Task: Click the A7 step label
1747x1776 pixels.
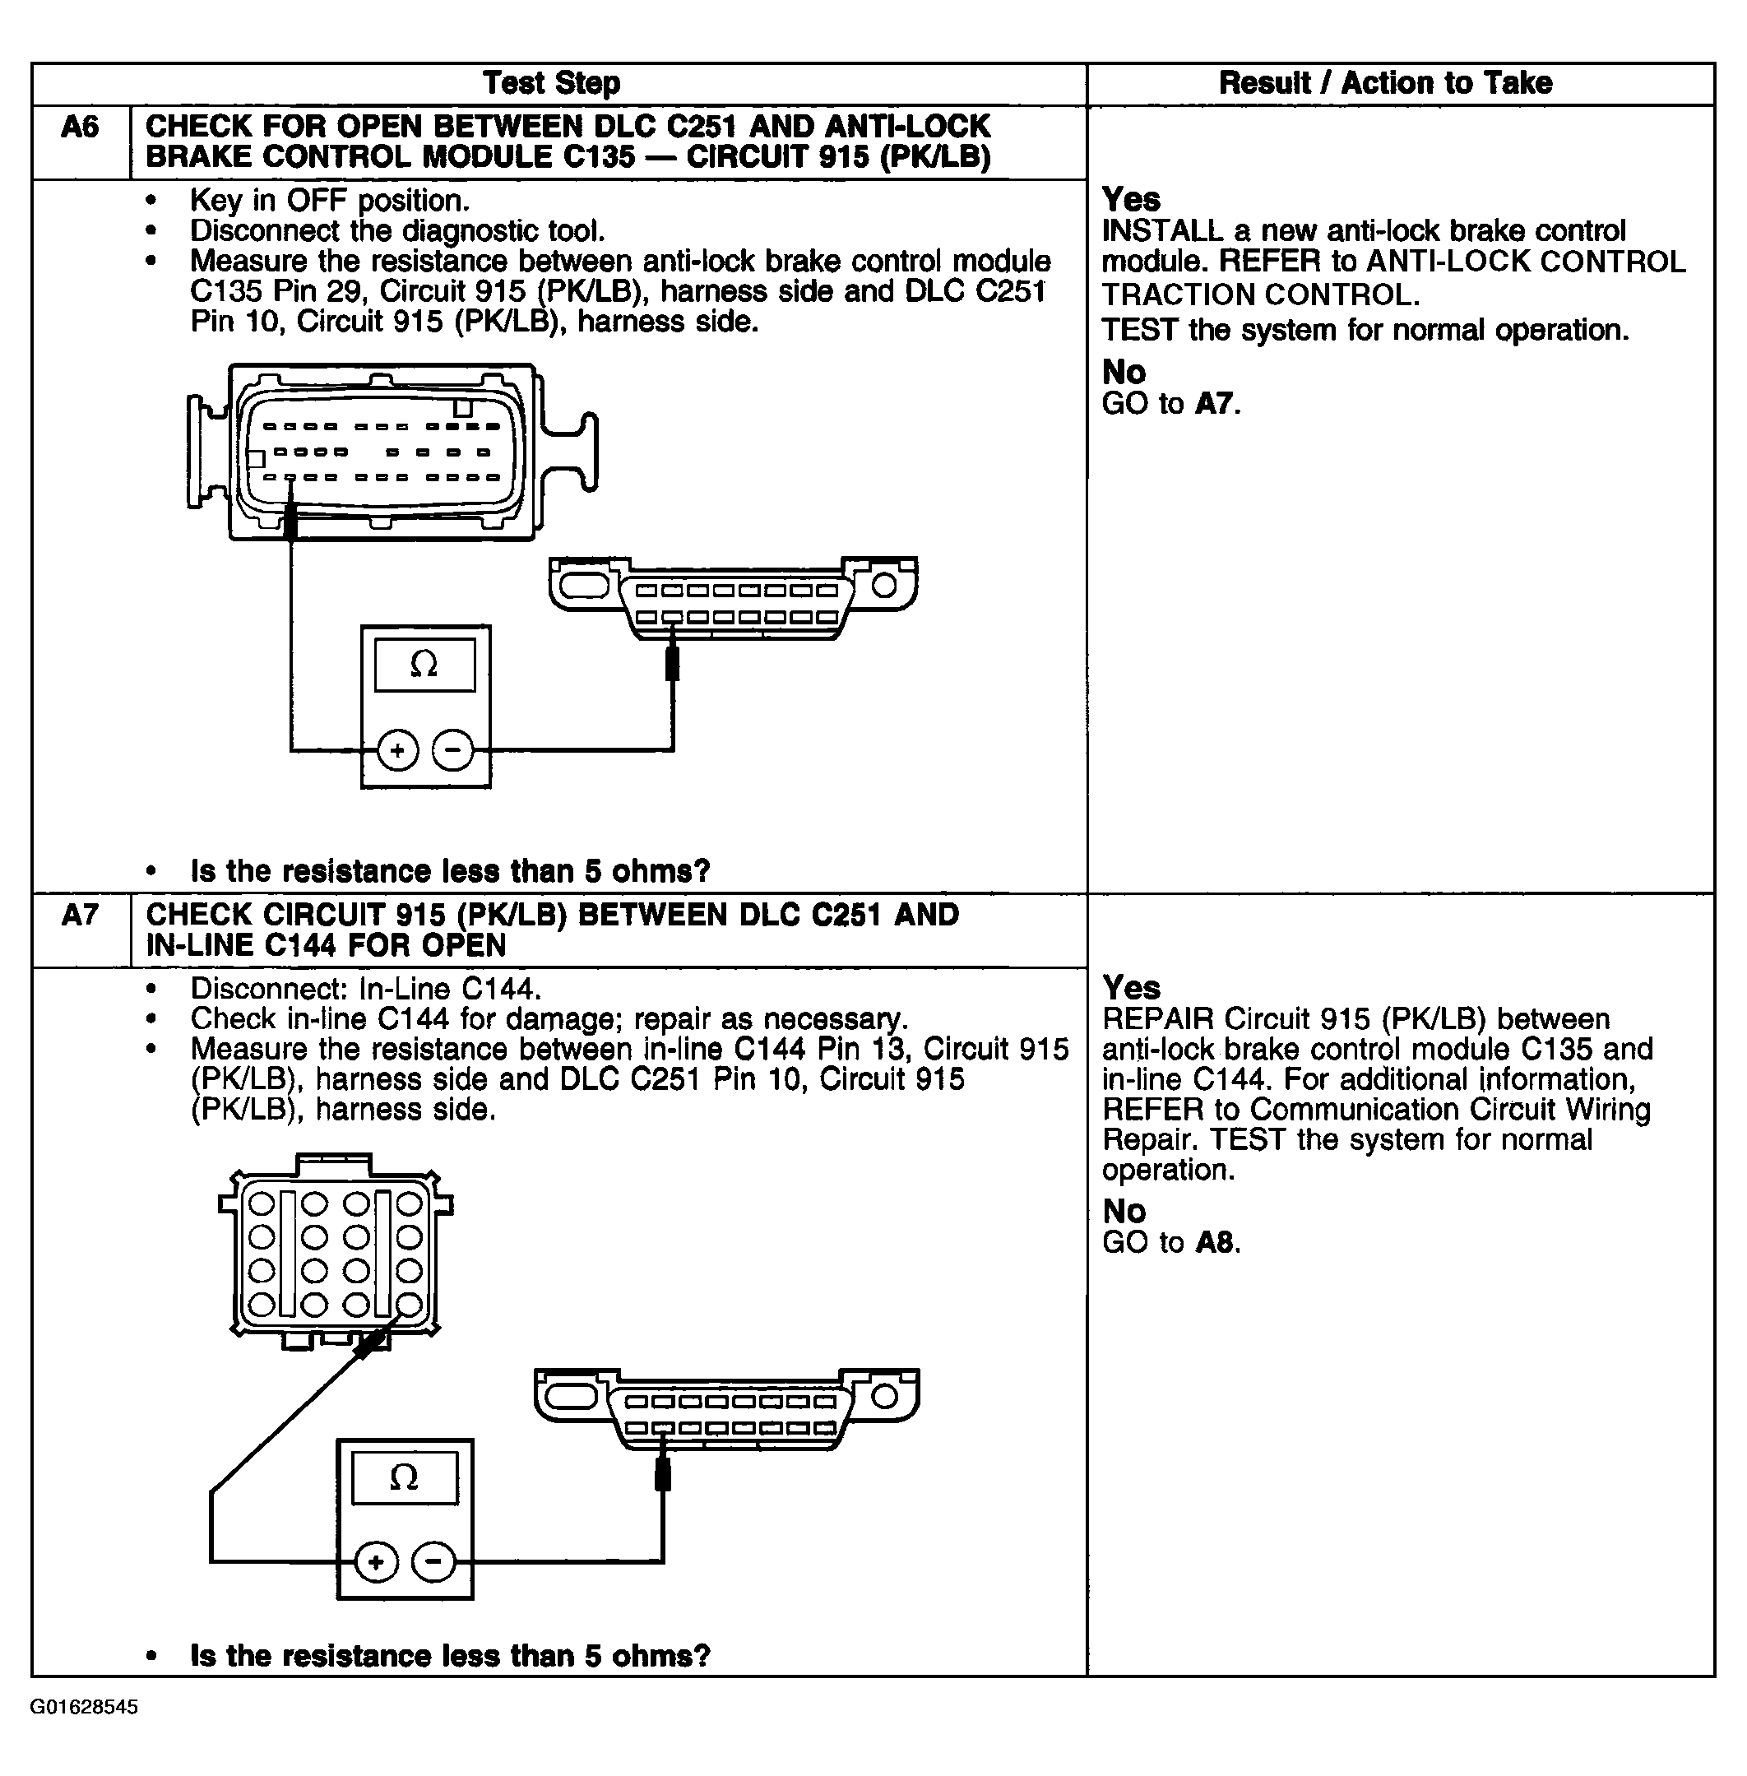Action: point(80,915)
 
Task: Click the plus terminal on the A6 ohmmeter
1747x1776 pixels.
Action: point(397,751)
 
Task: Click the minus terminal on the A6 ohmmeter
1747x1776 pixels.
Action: point(452,751)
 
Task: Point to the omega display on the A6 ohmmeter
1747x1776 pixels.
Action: point(424,665)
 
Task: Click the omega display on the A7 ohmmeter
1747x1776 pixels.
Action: point(405,1477)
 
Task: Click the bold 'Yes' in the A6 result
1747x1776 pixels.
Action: point(1130,200)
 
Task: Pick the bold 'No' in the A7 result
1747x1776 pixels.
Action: point(1124,1212)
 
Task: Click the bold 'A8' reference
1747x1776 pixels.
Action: point(1216,1243)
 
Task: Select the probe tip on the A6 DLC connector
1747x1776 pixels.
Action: point(672,661)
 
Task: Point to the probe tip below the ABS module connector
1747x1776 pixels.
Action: point(291,523)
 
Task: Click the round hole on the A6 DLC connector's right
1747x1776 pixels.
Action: point(883,585)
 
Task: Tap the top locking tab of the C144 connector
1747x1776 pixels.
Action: point(334,1164)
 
